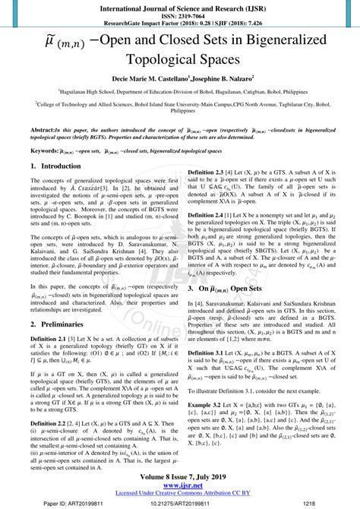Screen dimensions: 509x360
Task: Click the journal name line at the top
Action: (x=180, y=6)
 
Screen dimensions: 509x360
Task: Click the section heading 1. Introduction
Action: (x=61, y=166)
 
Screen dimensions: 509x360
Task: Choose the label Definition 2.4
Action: (x=205, y=237)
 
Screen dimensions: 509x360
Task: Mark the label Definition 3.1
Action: (x=205, y=375)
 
